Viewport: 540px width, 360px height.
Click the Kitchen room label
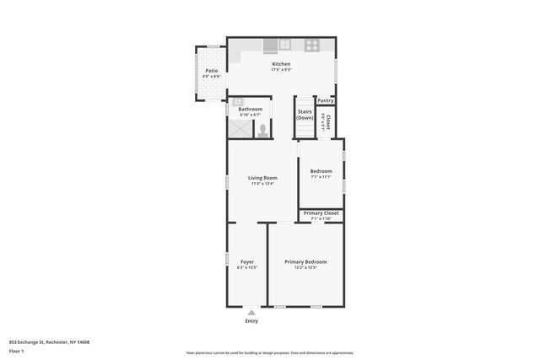pos(281,64)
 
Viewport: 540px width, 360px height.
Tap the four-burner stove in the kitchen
pos(312,45)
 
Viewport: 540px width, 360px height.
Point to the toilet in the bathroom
pos(263,130)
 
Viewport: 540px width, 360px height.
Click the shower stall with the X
pos(240,128)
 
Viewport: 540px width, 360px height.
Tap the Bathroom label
pos(250,109)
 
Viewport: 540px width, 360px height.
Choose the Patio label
pos(211,71)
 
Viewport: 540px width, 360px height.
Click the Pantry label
pos(326,100)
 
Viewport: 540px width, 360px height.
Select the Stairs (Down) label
pos(305,114)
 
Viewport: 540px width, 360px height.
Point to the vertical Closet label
pos(327,122)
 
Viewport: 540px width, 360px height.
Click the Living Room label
pos(262,178)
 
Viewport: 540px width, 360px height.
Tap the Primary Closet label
pos(321,213)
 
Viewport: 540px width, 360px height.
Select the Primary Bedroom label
pos(305,262)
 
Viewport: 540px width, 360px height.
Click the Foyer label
pos(247,262)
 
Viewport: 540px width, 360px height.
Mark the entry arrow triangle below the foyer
pos(251,312)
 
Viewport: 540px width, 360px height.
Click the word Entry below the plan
pos(251,321)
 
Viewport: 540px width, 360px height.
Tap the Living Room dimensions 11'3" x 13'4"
pos(262,184)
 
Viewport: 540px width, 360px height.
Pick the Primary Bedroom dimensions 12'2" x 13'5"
pos(305,268)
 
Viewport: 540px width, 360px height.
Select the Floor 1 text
pos(17,350)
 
